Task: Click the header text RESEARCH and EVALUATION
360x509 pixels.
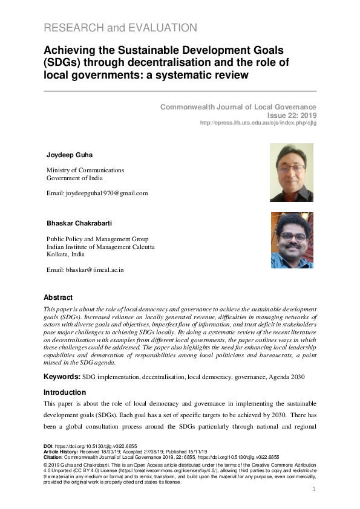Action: click(120, 28)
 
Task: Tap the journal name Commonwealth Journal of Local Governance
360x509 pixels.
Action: click(238, 107)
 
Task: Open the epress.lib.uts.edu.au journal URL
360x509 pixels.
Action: click(258, 123)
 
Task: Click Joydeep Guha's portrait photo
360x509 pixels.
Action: click(291, 172)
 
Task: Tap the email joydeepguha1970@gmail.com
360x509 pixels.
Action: click(97, 193)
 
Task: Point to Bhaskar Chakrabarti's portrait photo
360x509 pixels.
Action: click(292, 240)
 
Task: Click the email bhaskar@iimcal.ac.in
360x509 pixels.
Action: click(85, 270)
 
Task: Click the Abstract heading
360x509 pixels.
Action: click(58, 297)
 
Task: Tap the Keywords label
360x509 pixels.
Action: click(62, 377)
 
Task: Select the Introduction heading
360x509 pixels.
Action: click(65, 392)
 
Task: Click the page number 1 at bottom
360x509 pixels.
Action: click(315, 489)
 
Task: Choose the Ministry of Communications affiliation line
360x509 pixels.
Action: click(85, 170)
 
